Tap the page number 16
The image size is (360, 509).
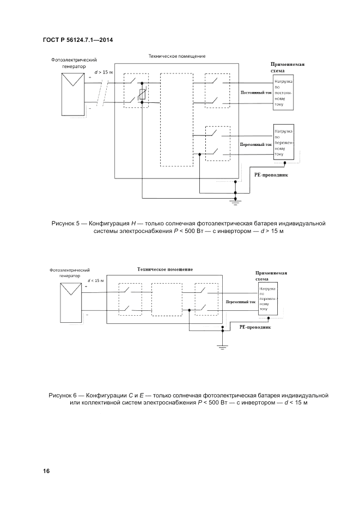[x=46, y=471]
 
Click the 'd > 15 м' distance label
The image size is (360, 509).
[x=103, y=72]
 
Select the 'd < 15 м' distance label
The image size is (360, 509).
[x=95, y=280]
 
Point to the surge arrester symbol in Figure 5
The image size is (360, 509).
[x=142, y=94]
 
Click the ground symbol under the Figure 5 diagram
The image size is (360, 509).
[x=235, y=202]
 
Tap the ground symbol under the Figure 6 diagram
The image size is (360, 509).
[x=223, y=346]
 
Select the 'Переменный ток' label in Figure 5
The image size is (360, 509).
[x=255, y=145]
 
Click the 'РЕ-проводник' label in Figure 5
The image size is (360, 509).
[x=271, y=176]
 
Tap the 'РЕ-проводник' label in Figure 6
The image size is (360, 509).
[x=255, y=328]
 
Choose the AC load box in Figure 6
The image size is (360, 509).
[x=269, y=301]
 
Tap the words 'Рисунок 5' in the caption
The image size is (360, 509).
[x=65, y=223]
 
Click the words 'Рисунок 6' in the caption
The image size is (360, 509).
[x=63, y=394]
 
